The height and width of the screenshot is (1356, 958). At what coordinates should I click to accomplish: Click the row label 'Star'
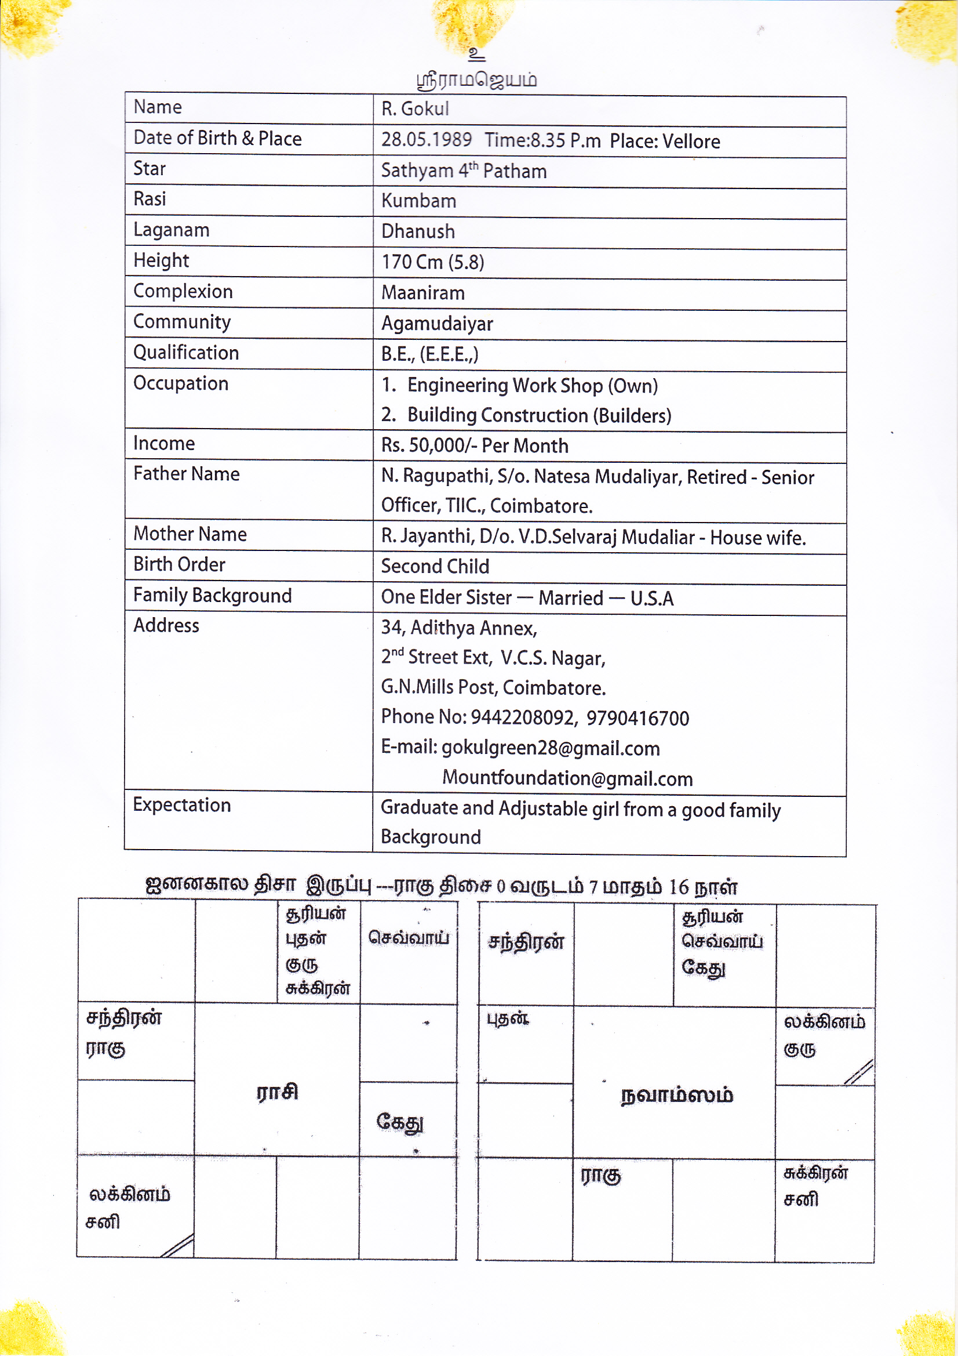tap(150, 169)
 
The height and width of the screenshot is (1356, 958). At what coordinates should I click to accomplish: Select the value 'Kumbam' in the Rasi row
tap(418, 201)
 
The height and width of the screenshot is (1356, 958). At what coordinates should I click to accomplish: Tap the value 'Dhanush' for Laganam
tap(418, 231)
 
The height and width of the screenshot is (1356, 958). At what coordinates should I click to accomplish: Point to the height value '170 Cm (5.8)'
tap(433, 262)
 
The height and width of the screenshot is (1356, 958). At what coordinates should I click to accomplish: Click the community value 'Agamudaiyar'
tap(437, 324)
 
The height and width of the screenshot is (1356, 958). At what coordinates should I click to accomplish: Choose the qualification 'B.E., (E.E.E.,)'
tap(429, 354)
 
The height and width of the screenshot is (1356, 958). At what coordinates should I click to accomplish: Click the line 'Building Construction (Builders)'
tap(539, 415)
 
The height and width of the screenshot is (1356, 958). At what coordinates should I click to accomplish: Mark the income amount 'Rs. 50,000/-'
tap(428, 445)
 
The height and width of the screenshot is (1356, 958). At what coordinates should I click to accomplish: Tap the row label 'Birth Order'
tap(180, 564)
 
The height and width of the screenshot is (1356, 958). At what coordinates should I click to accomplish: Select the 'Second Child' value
tap(435, 567)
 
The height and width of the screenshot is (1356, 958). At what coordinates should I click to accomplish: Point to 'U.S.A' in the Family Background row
tap(651, 599)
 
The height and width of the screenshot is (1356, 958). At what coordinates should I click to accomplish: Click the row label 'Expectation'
tap(182, 805)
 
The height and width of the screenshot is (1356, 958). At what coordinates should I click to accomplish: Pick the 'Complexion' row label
tap(183, 291)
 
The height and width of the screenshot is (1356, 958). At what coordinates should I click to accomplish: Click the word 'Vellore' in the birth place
tap(691, 142)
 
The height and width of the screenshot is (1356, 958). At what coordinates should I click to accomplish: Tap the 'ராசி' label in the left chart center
tap(278, 1092)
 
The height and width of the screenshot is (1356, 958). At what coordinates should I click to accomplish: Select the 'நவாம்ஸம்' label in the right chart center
tap(676, 1096)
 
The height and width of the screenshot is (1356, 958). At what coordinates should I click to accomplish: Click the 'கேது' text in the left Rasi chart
tap(400, 1122)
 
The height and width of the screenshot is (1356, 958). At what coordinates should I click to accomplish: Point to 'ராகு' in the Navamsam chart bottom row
tap(601, 1176)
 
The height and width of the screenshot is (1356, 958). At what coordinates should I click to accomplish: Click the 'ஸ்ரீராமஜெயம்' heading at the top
tap(477, 79)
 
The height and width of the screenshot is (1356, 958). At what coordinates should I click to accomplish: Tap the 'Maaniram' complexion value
tap(422, 293)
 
